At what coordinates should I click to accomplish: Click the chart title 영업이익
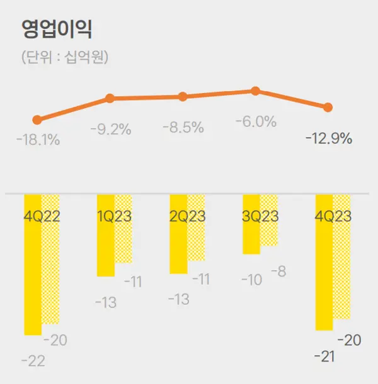pos(57,30)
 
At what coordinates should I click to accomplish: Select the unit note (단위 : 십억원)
pos(65,58)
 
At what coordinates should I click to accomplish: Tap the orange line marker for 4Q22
pos(37,119)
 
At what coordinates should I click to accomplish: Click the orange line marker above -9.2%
pos(110,98)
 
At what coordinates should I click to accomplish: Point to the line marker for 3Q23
pos(255,91)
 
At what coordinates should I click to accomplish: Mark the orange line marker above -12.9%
pos(328,107)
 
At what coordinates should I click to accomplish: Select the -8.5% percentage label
pos(183,128)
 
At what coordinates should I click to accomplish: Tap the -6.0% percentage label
pos(256,122)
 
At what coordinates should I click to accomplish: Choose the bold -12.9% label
pos(329,138)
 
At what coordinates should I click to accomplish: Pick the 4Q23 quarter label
pos(333,216)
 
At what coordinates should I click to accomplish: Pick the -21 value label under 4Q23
pos(324,356)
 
